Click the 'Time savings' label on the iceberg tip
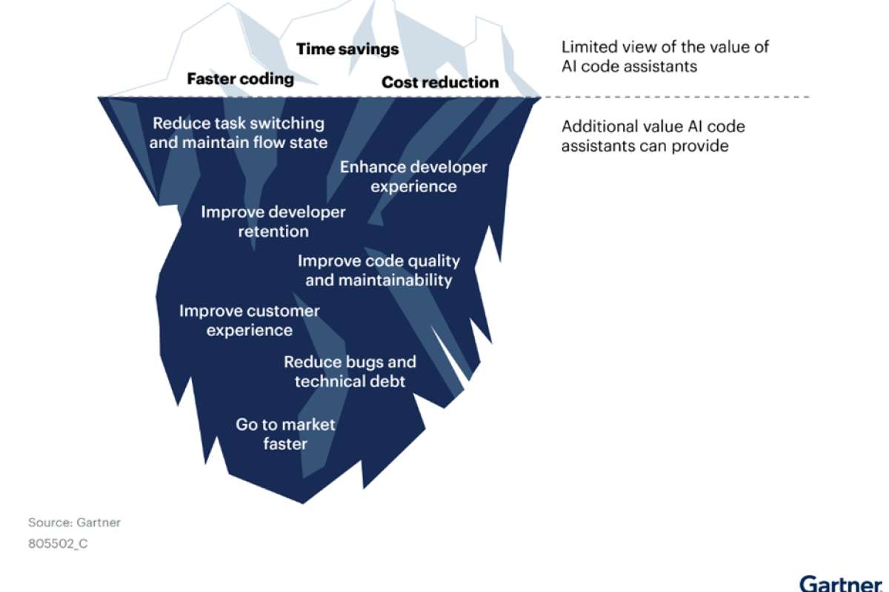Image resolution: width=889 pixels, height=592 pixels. click(347, 49)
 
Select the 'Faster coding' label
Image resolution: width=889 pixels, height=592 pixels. click(241, 79)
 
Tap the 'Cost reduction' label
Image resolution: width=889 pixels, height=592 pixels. click(440, 82)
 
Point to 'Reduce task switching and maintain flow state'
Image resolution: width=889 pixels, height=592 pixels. click(238, 133)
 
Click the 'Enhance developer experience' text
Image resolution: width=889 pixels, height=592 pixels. click(413, 177)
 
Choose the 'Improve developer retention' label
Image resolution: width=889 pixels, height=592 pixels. click(273, 222)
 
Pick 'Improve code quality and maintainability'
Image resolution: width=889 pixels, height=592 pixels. click(379, 270)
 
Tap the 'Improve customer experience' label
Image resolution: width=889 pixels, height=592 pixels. click(249, 320)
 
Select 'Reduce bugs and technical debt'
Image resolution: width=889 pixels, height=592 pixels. click(350, 371)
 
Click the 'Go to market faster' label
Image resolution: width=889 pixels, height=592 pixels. click(285, 434)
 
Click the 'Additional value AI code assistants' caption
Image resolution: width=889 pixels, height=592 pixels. click(653, 136)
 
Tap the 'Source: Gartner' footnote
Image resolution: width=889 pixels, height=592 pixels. click(74, 522)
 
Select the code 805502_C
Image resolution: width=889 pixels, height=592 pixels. click(58, 543)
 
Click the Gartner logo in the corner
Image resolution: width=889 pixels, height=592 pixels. click(841, 584)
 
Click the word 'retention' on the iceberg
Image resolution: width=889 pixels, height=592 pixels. click(273, 231)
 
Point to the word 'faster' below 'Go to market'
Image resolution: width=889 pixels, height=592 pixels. click(285, 444)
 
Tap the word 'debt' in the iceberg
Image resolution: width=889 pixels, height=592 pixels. click(390, 381)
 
